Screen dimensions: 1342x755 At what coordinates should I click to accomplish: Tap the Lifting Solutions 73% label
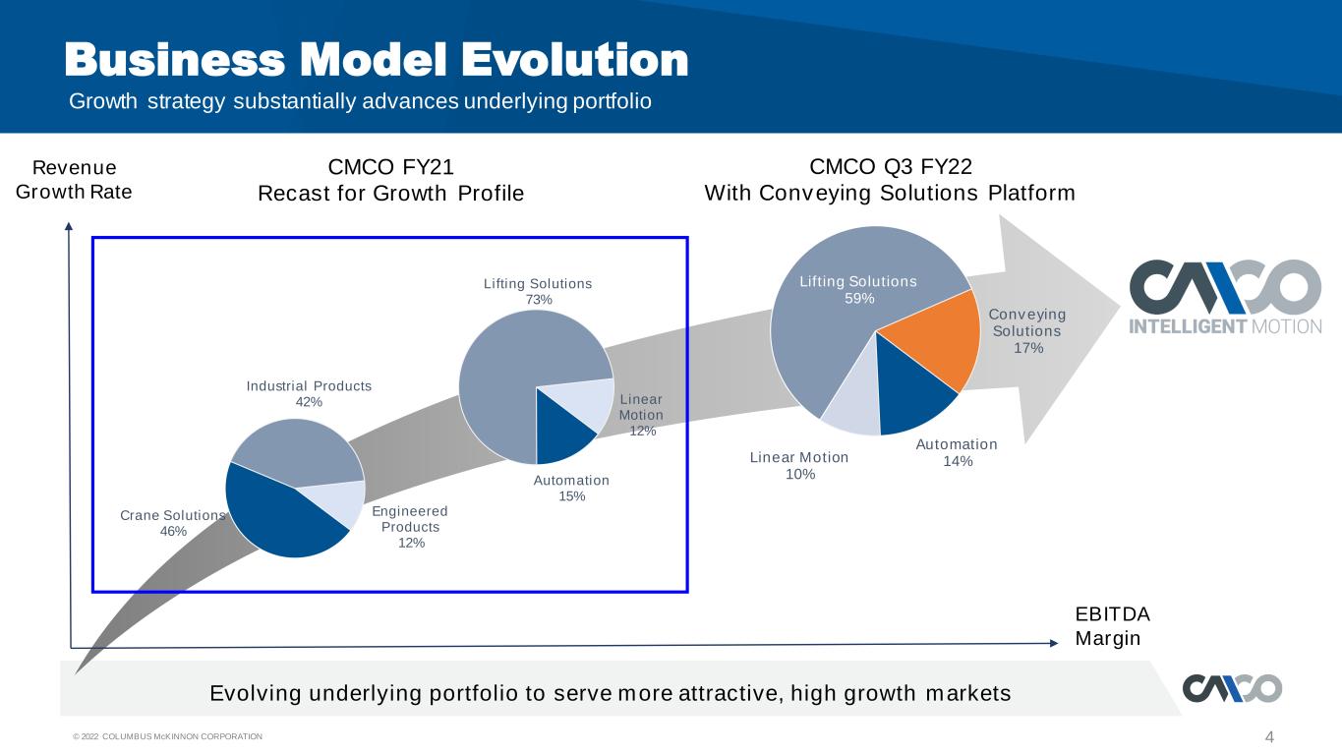[x=538, y=291]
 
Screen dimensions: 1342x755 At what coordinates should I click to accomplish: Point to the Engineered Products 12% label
[x=410, y=527]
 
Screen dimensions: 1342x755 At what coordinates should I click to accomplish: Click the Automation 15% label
[x=571, y=488]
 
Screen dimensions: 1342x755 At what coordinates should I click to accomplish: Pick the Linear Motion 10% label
[x=799, y=466]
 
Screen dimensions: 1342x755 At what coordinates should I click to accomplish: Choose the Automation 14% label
[x=957, y=452]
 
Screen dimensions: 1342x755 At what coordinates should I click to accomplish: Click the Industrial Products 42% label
[x=309, y=393]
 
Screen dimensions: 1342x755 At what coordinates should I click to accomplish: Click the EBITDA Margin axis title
[x=1113, y=625]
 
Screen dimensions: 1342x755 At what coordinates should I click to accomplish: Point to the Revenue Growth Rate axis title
[x=74, y=179]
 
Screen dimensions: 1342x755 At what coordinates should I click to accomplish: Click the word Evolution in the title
[x=574, y=60]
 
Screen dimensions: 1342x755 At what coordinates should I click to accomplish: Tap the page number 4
[x=1269, y=736]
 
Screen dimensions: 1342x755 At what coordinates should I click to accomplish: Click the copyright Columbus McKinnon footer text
[x=168, y=736]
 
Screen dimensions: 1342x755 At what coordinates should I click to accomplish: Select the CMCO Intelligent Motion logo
[x=1225, y=297]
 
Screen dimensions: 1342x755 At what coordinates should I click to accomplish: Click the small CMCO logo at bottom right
[x=1232, y=688]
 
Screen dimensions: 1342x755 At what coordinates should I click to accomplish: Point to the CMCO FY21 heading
[x=390, y=166]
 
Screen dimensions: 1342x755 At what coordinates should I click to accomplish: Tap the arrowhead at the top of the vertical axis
[x=69, y=226]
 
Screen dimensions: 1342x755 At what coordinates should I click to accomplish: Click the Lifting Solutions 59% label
[x=858, y=289]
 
